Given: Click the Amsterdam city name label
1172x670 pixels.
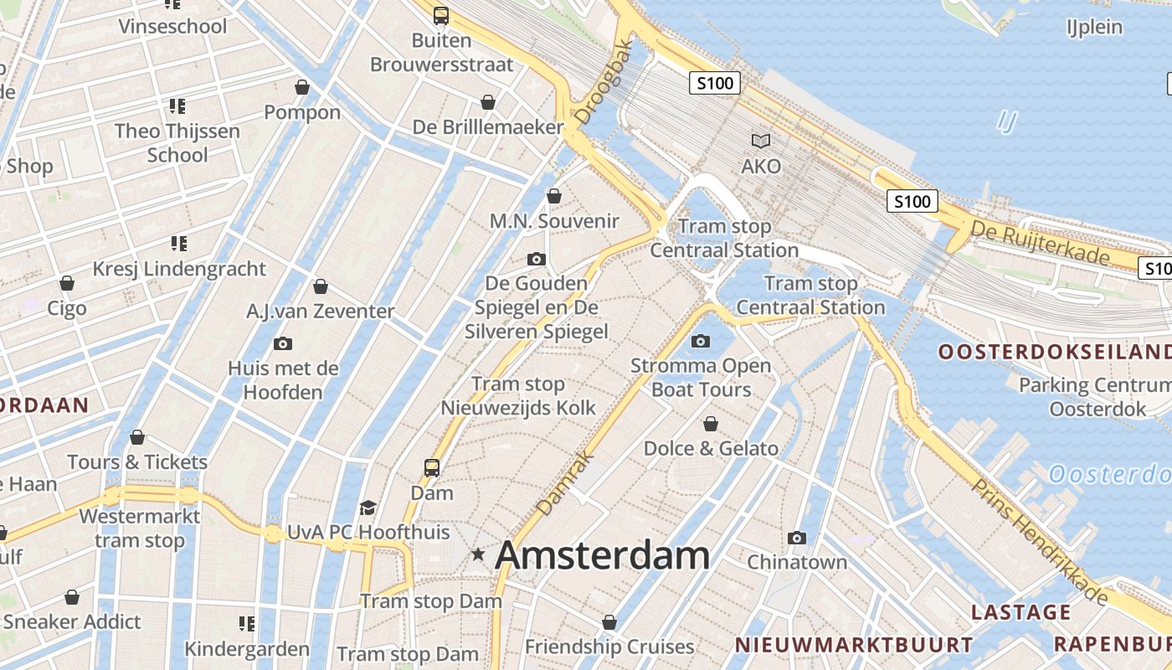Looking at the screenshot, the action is [x=603, y=556].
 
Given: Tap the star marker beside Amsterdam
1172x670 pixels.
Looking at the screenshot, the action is [x=478, y=554].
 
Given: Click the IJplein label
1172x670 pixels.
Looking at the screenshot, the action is [x=1094, y=27].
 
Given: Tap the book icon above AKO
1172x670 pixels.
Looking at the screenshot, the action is [x=760, y=141].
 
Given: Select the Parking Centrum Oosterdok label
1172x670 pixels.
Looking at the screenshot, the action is [x=1097, y=397].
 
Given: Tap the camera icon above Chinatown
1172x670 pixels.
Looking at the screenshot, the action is [x=797, y=538].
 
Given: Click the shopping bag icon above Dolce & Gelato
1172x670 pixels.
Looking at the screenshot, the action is [x=710, y=424].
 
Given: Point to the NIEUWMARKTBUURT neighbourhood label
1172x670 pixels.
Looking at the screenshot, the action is [x=854, y=645].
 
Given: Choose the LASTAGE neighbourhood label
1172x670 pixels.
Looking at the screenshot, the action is [x=1020, y=612].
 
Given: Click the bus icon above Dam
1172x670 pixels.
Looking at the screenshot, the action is [x=432, y=467].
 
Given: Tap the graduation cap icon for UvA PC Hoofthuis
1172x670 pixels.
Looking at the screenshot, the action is [x=367, y=508].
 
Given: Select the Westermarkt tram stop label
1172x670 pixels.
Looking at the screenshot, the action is [x=140, y=528].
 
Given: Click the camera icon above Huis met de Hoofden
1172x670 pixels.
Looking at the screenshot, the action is [x=283, y=343].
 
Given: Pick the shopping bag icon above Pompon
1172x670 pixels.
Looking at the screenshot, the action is [x=302, y=87].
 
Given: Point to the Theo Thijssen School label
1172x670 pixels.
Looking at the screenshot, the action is [x=177, y=143].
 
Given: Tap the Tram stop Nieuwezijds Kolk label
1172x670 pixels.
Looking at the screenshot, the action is [x=519, y=396].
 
